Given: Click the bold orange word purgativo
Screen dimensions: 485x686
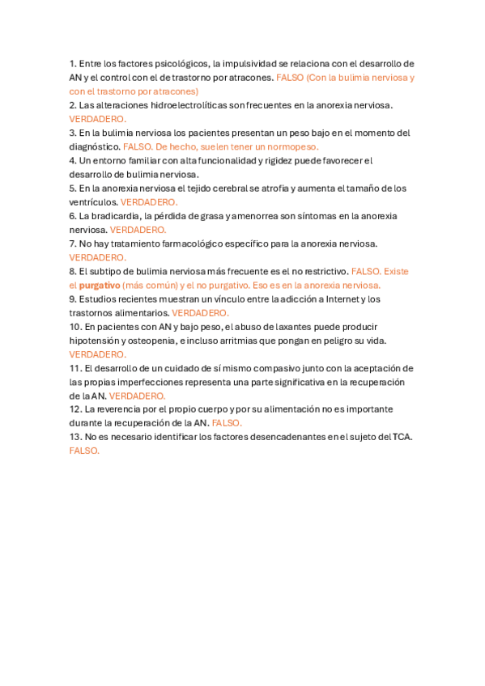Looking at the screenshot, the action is pos(99,286).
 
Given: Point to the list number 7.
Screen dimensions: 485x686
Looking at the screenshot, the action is pos(72,243).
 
